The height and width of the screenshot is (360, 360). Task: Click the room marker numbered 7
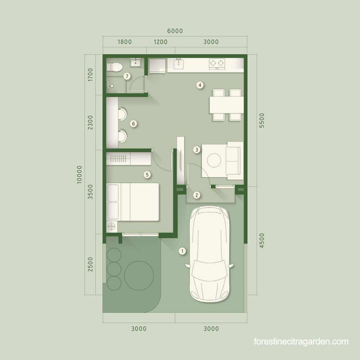pyautogui.click(x=127, y=76)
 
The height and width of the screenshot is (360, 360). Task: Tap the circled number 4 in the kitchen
pyautogui.click(x=200, y=85)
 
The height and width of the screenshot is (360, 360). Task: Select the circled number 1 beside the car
pyautogui.click(x=183, y=251)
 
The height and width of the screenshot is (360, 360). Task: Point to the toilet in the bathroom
pyautogui.click(x=114, y=67)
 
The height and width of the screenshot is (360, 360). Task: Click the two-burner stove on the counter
pyautogui.click(x=217, y=64)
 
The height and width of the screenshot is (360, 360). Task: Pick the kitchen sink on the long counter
pyautogui.click(x=179, y=64)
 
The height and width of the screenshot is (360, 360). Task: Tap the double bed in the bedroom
pyautogui.click(x=133, y=202)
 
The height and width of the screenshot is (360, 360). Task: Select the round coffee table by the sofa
pyautogui.click(x=214, y=160)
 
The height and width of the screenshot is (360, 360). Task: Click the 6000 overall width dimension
pyautogui.click(x=175, y=31)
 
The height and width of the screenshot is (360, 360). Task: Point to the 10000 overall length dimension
pyautogui.click(x=79, y=175)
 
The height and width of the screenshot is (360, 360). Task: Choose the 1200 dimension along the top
pyautogui.click(x=161, y=42)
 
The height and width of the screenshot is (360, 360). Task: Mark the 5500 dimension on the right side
pyautogui.click(x=262, y=121)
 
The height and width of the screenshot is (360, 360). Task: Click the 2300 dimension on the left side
pyautogui.click(x=90, y=122)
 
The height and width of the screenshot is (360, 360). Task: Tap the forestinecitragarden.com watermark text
pyautogui.click(x=301, y=341)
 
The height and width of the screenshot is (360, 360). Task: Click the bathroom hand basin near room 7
pyautogui.click(x=136, y=63)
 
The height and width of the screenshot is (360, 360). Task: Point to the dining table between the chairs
pyautogui.click(x=226, y=105)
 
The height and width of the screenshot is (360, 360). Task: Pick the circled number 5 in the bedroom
pyautogui.click(x=147, y=175)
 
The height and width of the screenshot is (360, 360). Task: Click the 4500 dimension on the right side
pyautogui.click(x=262, y=240)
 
